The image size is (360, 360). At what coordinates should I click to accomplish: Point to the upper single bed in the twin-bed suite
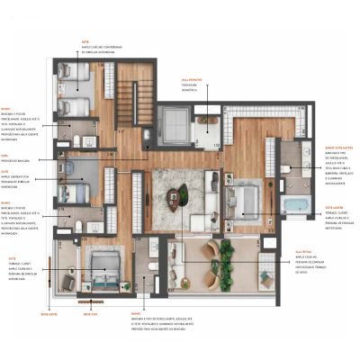coord(68,76)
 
